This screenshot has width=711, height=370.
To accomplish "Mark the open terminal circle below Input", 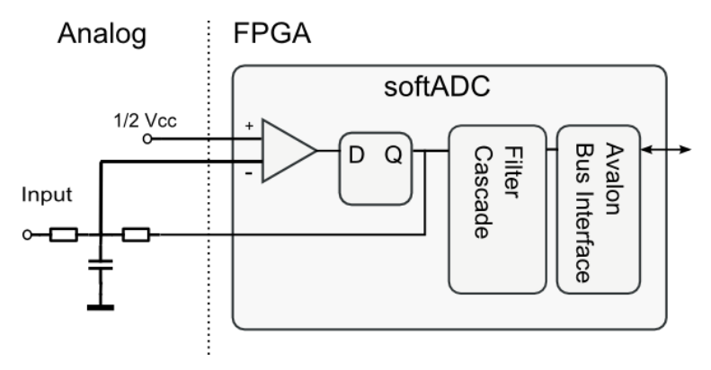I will tap(29, 236).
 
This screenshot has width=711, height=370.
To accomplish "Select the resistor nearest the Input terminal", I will tap(64, 236).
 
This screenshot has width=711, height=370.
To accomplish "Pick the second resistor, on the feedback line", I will tap(135, 236).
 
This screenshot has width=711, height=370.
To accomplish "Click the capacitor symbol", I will tap(102, 267).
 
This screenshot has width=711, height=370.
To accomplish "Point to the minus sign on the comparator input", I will tap(247, 172).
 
